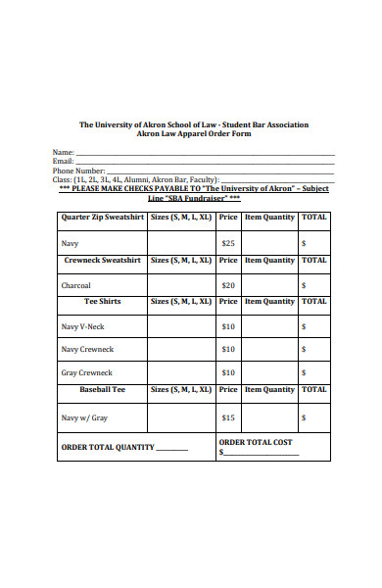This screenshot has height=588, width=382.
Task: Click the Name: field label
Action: coord(63,153)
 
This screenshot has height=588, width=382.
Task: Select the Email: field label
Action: coord(63,162)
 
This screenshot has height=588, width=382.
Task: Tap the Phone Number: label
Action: coord(77,171)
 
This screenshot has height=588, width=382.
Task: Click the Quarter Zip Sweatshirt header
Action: coord(102,217)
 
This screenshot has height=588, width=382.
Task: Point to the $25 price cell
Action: coord(228,242)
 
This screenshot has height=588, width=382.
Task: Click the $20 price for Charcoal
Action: coord(228,285)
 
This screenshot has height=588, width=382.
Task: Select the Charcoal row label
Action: coord(75,285)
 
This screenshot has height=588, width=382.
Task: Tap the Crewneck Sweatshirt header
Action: coord(102,261)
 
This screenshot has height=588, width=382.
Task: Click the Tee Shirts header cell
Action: coord(102,302)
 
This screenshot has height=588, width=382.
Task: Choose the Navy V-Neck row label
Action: coord(82,326)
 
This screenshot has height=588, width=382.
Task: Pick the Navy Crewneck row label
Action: coord(87,349)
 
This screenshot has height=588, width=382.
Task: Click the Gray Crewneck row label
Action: coord(86,372)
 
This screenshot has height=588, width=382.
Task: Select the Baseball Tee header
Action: coord(102,389)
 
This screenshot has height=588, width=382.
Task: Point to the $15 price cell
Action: coord(228,417)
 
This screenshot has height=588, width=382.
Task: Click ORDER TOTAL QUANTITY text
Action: coord(108,447)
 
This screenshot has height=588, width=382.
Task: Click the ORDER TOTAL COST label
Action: coord(256,442)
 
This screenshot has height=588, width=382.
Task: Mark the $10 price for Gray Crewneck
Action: coord(228,372)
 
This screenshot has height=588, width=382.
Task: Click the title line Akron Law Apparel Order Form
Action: coord(193,134)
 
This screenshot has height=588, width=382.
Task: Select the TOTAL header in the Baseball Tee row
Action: coord(313,389)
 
